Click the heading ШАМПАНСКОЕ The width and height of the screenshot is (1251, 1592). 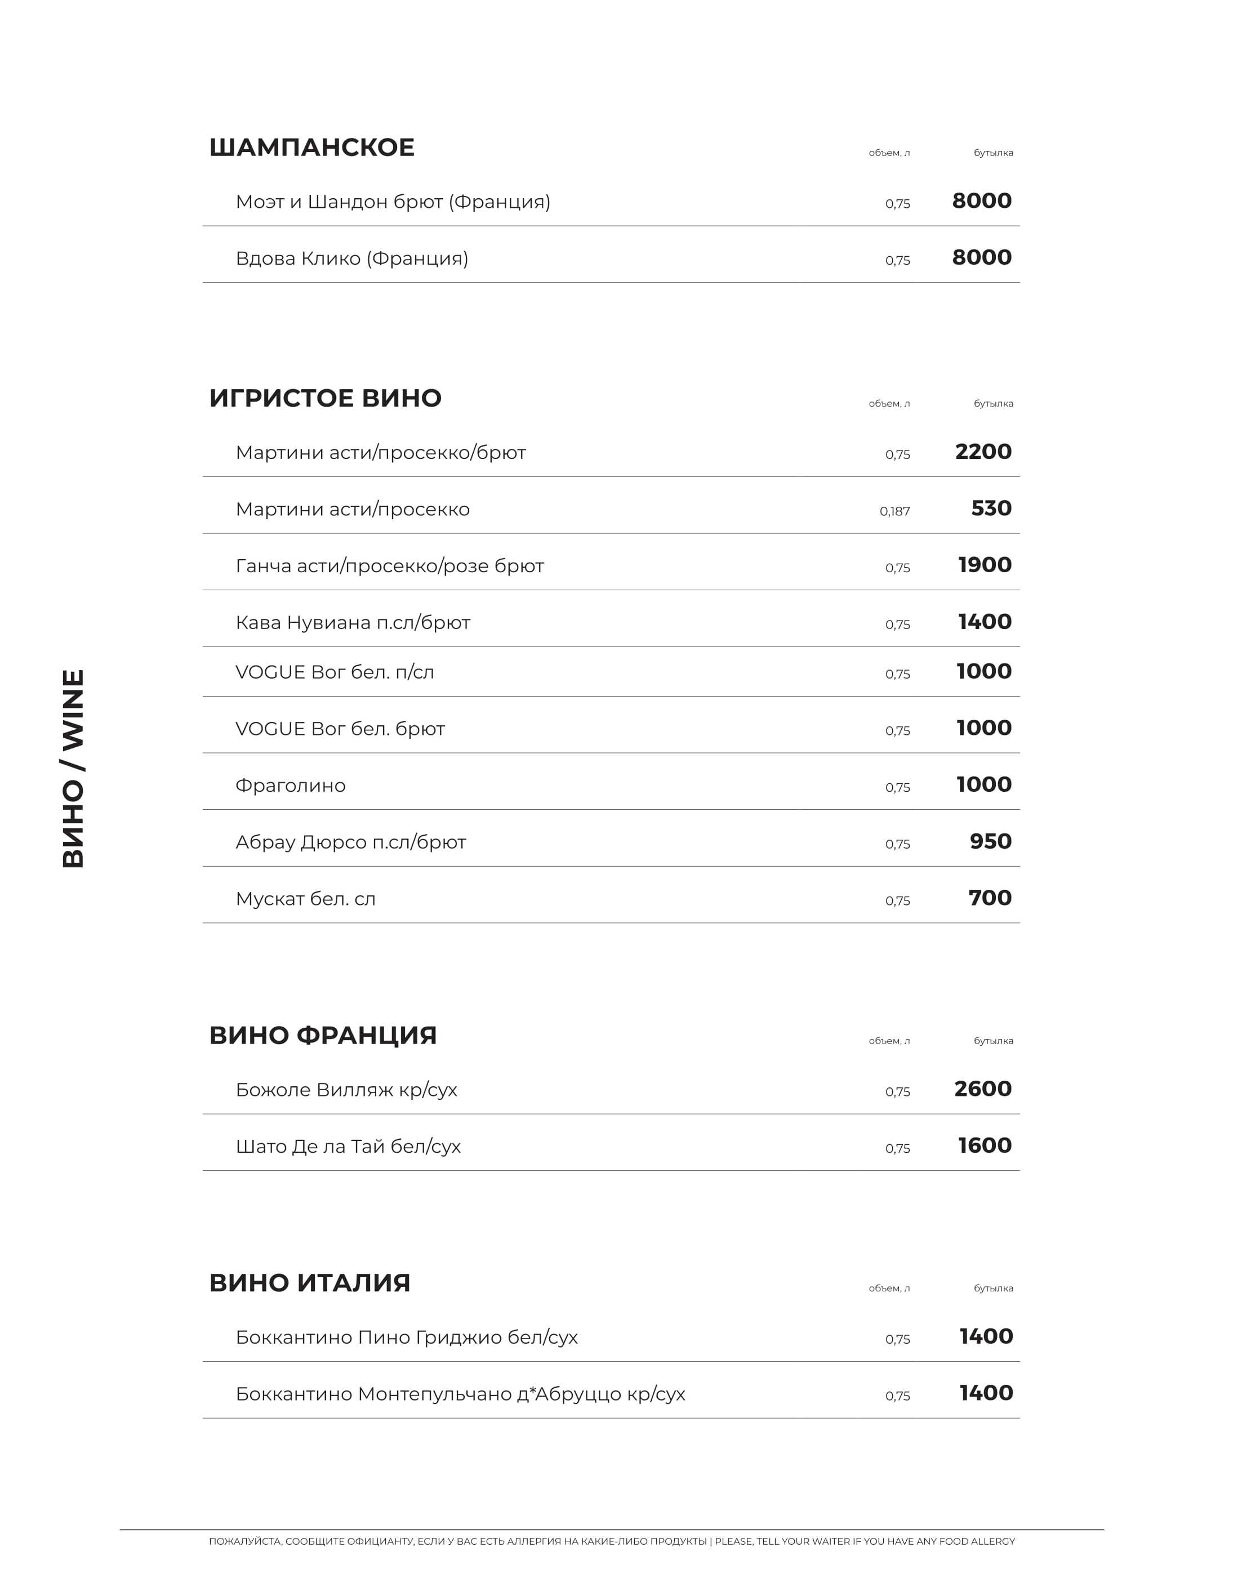(311, 147)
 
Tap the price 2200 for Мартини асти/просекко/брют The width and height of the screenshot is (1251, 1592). (983, 452)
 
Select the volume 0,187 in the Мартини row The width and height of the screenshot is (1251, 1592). (894, 511)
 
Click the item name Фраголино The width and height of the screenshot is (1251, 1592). (290, 786)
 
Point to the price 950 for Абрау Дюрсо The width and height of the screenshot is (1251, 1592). (990, 841)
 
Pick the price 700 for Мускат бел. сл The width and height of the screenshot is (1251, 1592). (990, 898)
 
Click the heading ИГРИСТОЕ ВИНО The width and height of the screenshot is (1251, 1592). (325, 398)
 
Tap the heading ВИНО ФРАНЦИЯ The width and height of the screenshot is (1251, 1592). (322, 1036)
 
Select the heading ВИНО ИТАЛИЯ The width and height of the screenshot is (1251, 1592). (309, 1283)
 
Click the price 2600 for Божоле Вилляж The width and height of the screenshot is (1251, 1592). (982, 1089)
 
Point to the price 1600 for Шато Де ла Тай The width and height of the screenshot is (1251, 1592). (985, 1145)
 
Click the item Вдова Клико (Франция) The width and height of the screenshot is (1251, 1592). (351, 258)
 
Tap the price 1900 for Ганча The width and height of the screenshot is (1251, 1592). (985, 565)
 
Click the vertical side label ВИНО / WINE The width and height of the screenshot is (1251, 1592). (73, 769)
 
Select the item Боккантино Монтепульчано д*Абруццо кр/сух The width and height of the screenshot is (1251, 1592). (460, 1394)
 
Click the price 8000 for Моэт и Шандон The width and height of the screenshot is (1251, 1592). (981, 200)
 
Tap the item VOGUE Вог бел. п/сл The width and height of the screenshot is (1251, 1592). (334, 672)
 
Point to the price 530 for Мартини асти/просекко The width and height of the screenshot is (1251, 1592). (991, 508)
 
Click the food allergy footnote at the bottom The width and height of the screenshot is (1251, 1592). (612, 1541)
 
